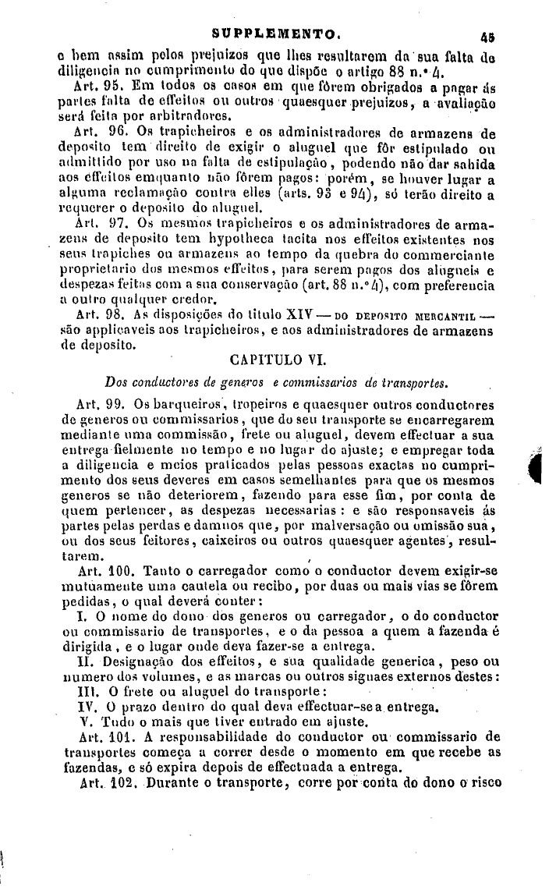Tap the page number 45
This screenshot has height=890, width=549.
click(489, 36)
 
